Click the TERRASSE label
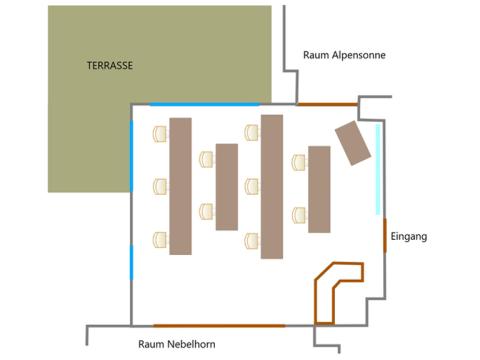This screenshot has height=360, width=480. pos(110,65)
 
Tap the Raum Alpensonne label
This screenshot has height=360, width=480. pos(344,55)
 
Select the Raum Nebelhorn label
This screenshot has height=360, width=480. pos(177,344)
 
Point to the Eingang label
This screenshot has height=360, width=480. pos(409,236)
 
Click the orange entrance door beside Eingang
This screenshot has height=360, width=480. pos(385,235)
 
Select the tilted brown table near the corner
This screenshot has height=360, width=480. pos(353,143)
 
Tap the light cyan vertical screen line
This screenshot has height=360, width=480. pos(378,169)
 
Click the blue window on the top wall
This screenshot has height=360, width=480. pos(204,104)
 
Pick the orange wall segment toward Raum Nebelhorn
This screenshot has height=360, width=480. pos(219,325)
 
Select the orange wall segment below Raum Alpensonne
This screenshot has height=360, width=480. pos(327,104)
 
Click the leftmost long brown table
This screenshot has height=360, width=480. pos(180,186)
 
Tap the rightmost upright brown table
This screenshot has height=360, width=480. pos(319,189)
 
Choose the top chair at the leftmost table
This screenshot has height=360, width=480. pos(160,134)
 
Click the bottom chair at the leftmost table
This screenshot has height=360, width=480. pos(160,240)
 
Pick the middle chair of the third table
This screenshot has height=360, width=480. pos(251,186)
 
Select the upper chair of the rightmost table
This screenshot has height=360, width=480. pos(299,162)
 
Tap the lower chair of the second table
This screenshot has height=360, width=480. pos(206,211)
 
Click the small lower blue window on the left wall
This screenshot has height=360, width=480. pos(131,262)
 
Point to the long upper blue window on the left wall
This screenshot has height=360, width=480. pos(131,156)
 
